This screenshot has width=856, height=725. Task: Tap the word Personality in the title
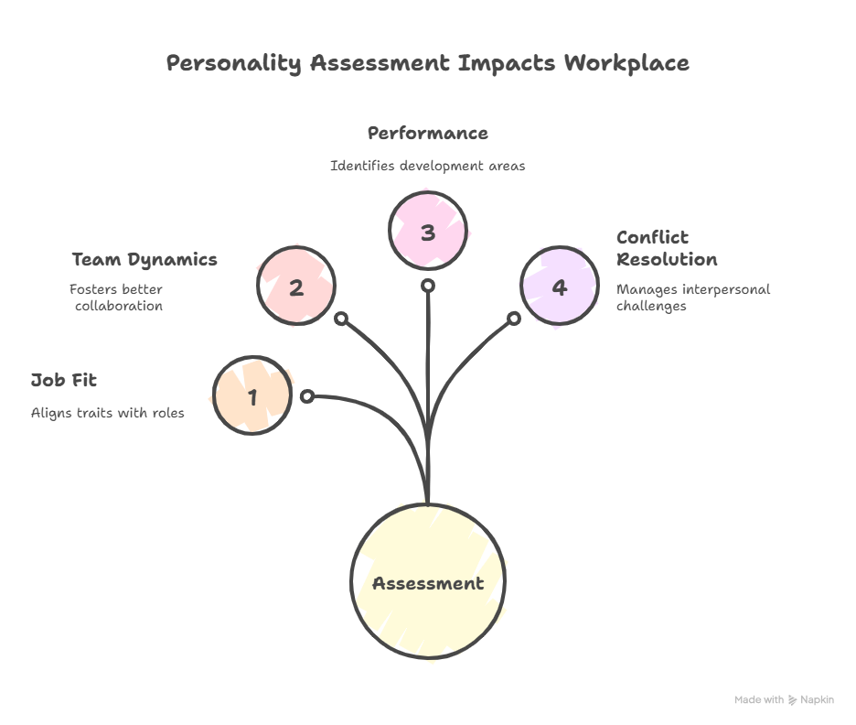(x=234, y=63)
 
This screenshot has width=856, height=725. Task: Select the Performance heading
(x=427, y=134)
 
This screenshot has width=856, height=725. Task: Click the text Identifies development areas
(x=427, y=167)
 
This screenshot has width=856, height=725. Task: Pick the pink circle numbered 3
(x=428, y=232)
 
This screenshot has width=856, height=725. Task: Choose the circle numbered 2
(x=296, y=287)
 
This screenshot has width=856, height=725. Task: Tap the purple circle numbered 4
(x=559, y=287)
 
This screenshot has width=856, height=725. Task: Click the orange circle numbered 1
(x=252, y=396)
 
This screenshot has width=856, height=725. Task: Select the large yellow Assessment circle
(x=427, y=582)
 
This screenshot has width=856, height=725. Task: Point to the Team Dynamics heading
(x=144, y=259)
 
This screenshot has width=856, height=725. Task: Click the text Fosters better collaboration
(x=117, y=298)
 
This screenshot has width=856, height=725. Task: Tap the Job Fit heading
(x=64, y=380)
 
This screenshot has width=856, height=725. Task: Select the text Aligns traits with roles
(x=108, y=413)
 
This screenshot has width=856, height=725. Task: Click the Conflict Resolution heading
(x=667, y=248)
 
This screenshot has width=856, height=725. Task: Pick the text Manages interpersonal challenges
(x=693, y=298)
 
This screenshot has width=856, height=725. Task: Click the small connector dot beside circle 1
(x=307, y=396)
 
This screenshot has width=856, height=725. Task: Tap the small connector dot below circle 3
(x=427, y=286)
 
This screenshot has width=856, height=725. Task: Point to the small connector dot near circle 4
(x=514, y=319)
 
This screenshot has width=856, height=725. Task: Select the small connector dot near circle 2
(x=340, y=319)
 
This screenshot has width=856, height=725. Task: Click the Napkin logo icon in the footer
(x=792, y=700)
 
